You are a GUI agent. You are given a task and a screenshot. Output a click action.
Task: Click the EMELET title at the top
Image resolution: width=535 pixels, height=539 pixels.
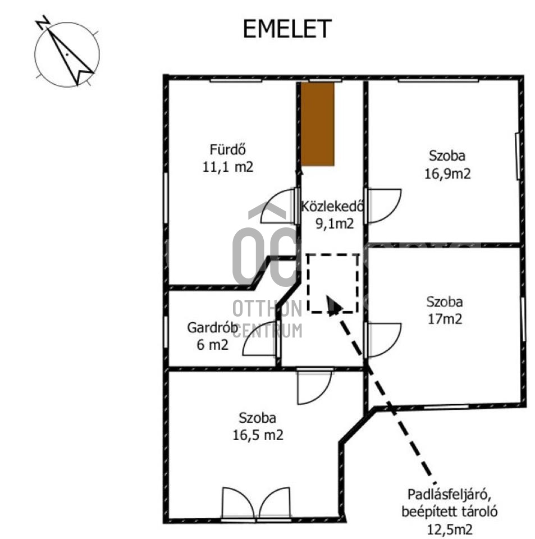point(287,29)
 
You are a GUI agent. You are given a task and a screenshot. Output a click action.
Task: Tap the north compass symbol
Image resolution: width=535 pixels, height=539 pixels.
point(67,54)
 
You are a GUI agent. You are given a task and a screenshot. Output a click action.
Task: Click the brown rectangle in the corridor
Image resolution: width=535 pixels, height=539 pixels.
point(318,124)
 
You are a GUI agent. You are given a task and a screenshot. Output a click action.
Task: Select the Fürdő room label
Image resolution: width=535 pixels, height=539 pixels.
point(228,150)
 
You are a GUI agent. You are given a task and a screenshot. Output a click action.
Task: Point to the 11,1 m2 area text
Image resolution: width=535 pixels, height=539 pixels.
point(229,167)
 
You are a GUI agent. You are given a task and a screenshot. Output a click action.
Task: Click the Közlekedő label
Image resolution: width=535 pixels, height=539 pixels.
point(333,206)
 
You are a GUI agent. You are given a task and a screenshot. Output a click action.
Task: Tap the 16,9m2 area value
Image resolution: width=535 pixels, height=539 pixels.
point(447,173)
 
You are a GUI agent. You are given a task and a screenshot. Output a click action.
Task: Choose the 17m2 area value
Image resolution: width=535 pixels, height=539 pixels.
point(444,319)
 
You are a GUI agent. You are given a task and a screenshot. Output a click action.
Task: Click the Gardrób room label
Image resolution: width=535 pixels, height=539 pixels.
point(208,328)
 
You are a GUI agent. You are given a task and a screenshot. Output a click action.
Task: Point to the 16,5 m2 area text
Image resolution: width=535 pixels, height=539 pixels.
point(257,435)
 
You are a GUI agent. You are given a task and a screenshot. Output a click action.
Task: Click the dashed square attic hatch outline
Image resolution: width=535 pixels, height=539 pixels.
point(333,283)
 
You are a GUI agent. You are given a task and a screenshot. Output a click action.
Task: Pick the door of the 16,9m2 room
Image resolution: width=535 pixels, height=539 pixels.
point(384,205)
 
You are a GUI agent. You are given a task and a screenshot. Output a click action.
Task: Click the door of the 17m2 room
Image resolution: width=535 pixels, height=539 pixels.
point(383,340)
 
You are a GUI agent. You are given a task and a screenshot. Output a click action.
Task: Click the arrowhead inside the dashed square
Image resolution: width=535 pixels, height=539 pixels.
point(333,305)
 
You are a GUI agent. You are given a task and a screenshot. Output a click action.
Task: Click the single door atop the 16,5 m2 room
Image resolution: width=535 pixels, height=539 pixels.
point(314,387)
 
